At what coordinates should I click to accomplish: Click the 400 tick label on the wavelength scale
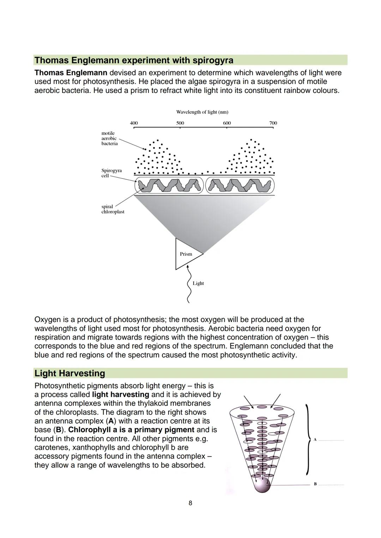point(134,123)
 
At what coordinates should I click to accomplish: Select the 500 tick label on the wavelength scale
point(180,123)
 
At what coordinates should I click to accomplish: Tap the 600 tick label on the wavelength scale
point(227,123)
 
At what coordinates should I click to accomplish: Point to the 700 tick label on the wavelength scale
point(273,123)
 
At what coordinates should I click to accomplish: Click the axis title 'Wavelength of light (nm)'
point(202,112)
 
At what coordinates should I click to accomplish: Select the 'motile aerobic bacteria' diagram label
point(109,138)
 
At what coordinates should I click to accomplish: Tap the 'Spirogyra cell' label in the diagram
point(111,173)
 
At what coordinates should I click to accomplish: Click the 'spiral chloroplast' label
point(113,209)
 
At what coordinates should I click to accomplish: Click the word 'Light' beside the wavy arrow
point(198,283)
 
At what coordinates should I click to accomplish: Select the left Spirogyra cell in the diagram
point(169,185)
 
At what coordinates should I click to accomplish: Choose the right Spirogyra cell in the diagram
point(240,185)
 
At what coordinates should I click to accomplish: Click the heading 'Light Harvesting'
point(70,373)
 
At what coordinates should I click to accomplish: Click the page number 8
point(190,503)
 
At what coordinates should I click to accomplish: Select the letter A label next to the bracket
point(315,440)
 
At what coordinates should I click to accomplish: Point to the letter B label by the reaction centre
point(315,484)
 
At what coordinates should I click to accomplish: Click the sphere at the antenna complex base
point(262,485)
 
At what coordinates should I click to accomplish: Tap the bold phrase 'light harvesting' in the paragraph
point(120,395)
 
